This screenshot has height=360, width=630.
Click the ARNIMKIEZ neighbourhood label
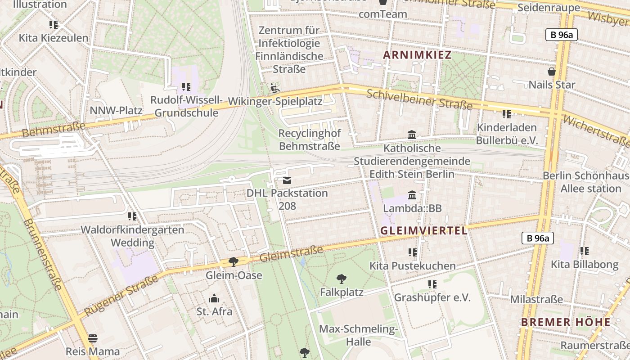click(417, 55)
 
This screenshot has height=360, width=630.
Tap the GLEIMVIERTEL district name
click(423, 231)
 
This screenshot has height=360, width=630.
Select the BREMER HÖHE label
click(566, 322)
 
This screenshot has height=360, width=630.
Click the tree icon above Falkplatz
click(342, 279)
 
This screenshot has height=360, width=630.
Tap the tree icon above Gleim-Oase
click(233, 261)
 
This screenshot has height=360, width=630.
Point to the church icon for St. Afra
click(214, 298)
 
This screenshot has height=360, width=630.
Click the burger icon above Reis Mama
click(93, 338)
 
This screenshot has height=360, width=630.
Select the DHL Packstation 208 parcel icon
click(287, 180)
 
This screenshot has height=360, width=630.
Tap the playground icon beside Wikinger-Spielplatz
click(274, 88)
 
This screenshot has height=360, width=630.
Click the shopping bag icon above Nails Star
click(551, 72)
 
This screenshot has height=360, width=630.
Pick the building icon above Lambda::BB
click(412, 195)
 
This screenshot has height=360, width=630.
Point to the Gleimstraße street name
click(292, 254)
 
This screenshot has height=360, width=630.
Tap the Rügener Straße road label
click(121, 295)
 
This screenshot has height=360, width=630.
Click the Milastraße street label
click(536, 299)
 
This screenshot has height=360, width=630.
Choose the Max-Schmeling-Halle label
click(358, 335)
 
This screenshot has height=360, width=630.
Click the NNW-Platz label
click(116, 111)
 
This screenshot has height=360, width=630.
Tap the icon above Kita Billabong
click(584, 251)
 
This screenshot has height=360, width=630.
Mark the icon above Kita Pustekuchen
click(412, 252)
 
